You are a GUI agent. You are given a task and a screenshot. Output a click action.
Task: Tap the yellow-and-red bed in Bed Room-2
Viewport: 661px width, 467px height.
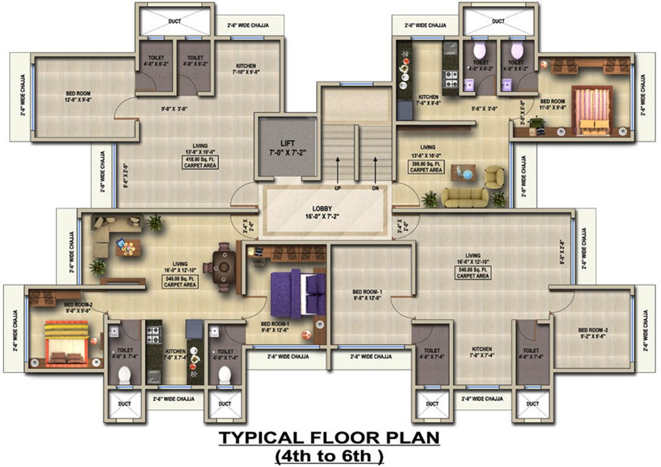67,344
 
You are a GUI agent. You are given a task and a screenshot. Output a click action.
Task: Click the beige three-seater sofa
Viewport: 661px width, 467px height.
464,196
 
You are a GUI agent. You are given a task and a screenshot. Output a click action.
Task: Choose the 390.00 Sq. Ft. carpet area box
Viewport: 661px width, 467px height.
426,167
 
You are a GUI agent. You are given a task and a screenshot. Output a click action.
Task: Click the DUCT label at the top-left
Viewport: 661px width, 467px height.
175,22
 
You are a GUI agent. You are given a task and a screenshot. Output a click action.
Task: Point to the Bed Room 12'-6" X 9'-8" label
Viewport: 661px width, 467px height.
79,96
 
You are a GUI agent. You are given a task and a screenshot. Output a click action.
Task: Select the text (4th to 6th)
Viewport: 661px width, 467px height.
329,455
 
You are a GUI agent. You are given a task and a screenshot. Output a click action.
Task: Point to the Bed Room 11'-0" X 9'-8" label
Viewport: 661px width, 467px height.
553,104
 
